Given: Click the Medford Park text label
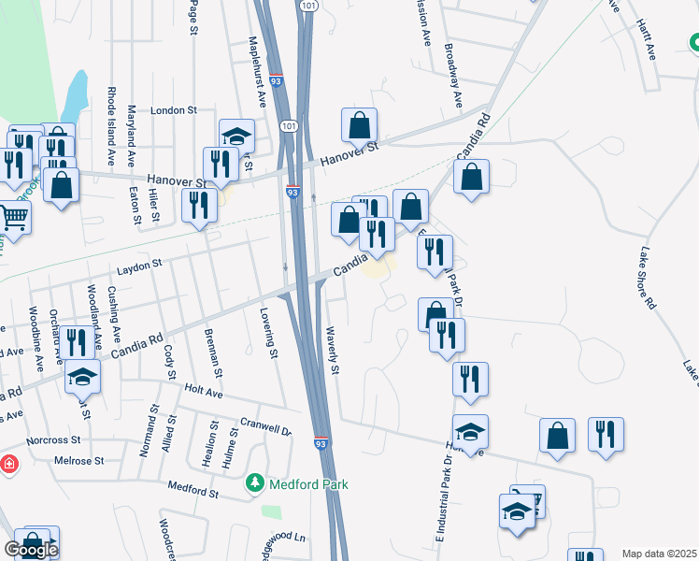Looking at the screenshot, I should [x=308, y=484].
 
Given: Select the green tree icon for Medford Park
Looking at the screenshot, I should [x=252, y=483].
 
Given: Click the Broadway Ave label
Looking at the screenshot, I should [x=453, y=75].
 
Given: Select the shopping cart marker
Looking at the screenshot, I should [x=13, y=218].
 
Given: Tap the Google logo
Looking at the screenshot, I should [x=30, y=550].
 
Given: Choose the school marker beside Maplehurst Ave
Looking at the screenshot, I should [x=237, y=137].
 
